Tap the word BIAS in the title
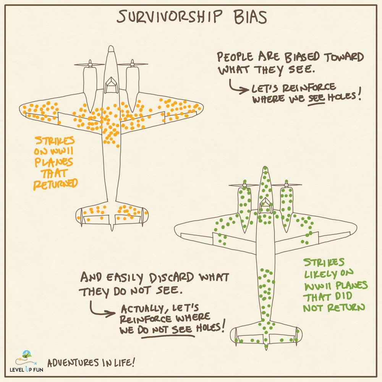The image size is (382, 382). click(x=248, y=17)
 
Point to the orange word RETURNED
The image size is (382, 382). click(x=55, y=184)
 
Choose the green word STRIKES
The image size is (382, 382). click(x=324, y=263)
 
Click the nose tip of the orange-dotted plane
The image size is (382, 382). click(x=111, y=48)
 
